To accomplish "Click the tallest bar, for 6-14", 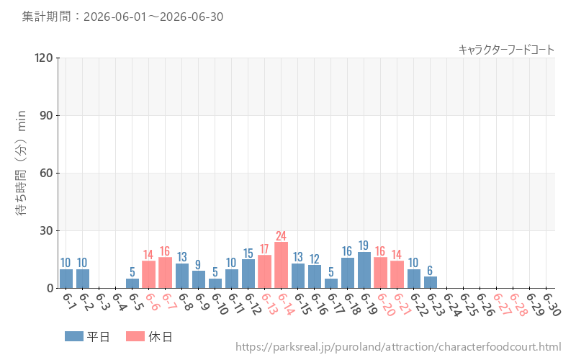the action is coord(281,265).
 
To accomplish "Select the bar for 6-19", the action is coord(364,270).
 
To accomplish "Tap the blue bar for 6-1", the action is coord(66,279).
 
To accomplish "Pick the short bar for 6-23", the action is coord(430,282).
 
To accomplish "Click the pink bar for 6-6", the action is coord(149,274).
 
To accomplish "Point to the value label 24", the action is coord(281,235).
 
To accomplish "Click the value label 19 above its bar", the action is coord(364,245).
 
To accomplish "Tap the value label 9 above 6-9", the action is coord(198,264).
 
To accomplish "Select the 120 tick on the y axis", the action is coord(44,58).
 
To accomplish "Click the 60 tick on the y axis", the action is coord(47,173).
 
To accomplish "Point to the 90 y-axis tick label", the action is coord(47,115).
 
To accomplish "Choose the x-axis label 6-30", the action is coord(552,305).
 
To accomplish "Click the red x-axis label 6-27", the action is coord(502,305).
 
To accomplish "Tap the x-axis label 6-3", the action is coord(102,302).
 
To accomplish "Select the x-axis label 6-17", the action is coord(336,303).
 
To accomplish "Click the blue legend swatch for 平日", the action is coord(74,336).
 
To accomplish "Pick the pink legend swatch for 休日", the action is coord(135,336).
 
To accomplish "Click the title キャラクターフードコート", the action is coord(506,50).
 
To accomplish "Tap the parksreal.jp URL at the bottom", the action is coord(398,347).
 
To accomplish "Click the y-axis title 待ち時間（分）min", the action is coord(21,163).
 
